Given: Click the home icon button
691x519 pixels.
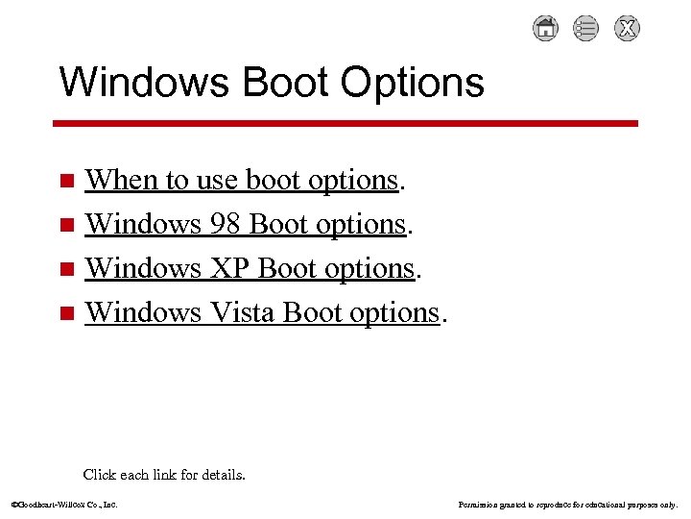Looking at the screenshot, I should click(545, 29).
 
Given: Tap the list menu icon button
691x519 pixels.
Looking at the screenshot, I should click(585, 29).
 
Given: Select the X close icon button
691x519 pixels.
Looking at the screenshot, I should click(627, 29).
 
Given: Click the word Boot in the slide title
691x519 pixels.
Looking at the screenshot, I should click(282, 83).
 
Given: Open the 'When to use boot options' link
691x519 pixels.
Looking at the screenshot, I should click(241, 180).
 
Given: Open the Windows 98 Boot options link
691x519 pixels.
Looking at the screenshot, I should click(246, 224).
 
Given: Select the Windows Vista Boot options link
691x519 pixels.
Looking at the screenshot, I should click(262, 312).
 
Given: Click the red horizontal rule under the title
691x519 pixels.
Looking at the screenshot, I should click(345, 123).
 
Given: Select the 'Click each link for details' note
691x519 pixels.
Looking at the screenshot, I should click(164, 474).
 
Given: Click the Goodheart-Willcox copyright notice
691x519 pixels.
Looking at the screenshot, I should click(63, 504).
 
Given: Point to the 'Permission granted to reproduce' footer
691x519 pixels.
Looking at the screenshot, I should click(568, 504).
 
